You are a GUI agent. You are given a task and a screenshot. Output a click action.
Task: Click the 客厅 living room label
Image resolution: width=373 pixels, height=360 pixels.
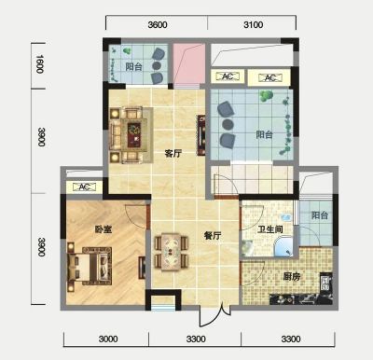(173, 153)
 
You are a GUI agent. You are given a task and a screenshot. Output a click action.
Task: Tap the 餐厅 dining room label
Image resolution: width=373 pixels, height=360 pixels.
(213, 236)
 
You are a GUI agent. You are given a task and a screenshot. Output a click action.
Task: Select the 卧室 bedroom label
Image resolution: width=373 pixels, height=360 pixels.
(104, 229)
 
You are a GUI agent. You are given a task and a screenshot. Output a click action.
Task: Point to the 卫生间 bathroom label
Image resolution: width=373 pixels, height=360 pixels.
(270, 229)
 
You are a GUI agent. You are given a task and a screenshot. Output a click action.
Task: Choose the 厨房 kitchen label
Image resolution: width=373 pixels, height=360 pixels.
(292, 276)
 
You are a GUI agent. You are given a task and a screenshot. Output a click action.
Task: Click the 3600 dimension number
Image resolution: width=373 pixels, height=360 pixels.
(158, 24)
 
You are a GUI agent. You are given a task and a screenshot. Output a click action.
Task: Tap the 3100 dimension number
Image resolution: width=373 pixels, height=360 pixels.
(254, 24)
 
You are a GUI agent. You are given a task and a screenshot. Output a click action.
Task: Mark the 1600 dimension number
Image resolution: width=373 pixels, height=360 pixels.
(40, 64)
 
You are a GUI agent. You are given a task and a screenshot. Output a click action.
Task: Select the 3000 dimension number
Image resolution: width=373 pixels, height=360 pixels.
(108, 339)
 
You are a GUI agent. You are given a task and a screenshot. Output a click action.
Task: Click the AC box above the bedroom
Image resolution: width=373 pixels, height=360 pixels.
(84, 187)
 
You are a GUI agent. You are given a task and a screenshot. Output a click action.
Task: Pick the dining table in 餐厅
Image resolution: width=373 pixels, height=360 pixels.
(172, 252)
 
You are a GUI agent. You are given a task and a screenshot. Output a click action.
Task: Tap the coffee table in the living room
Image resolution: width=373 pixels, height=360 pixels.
(134, 134)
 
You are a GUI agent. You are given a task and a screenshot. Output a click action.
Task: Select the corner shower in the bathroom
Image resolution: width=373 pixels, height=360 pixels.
(283, 246)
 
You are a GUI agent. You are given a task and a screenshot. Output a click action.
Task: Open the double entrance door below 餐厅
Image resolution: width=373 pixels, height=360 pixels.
(214, 315)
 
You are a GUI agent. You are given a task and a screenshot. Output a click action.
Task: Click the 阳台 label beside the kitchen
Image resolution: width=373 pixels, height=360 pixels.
(320, 215)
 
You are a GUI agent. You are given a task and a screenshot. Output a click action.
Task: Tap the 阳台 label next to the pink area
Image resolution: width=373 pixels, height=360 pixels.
(134, 66)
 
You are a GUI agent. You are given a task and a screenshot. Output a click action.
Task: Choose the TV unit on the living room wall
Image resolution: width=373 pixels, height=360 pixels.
(201, 135)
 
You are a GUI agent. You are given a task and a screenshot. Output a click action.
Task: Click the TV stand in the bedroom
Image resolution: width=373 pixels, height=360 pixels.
(142, 267)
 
